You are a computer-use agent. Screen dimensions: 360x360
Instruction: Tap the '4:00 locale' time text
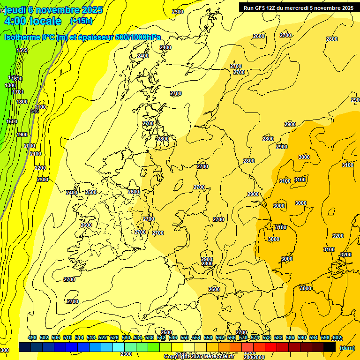(32, 21)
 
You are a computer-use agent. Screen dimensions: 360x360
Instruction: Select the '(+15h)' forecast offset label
(81, 21)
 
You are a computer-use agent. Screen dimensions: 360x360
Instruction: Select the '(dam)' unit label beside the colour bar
(347, 348)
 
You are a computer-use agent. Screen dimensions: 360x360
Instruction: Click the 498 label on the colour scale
(32, 338)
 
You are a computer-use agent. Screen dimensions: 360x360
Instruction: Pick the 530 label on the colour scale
(126, 338)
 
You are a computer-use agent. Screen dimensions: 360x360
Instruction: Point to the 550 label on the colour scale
(185, 338)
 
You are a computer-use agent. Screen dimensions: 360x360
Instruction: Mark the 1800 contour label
(22, 102)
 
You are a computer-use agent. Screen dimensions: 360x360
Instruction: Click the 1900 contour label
(22, 135)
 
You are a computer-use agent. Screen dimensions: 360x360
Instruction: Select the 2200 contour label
(40, 168)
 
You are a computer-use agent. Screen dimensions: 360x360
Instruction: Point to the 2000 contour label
(29, 146)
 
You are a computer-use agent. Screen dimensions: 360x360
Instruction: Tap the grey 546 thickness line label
(35, 111)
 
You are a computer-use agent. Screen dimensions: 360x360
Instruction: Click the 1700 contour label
(18, 92)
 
